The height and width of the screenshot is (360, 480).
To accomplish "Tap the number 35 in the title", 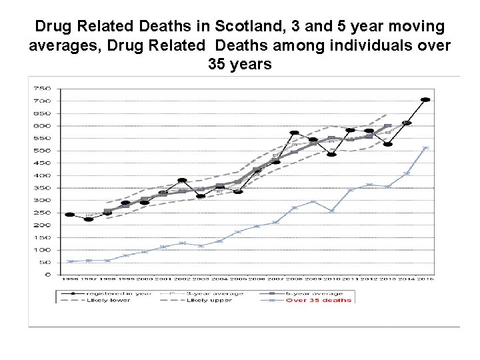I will coord(215,65).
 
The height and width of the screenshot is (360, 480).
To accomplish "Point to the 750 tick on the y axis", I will coord(42,88).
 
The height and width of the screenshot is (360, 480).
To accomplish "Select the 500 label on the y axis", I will coord(42,151).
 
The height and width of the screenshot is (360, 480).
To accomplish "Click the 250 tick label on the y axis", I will coord(42,213).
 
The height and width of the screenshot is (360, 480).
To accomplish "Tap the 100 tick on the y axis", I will coord(42,250).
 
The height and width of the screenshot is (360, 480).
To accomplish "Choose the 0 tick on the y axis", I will coord(47,275).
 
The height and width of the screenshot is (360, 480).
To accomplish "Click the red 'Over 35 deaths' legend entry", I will coord(319,300).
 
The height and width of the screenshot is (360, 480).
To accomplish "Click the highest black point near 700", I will coord(425,100).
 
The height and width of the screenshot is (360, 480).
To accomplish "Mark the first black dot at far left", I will coord(70,215).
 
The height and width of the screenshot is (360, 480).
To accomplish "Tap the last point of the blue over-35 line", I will coord(425,148).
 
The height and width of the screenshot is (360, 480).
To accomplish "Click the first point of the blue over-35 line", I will coord(70,261).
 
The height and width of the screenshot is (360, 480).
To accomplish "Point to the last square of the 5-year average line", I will coord(388,127).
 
